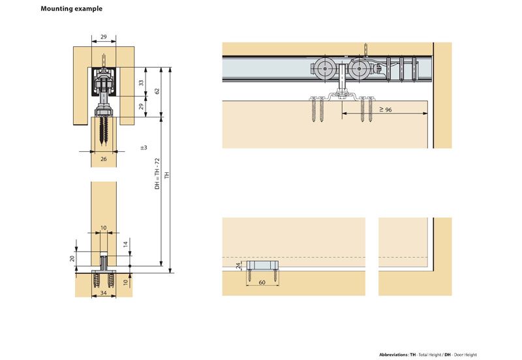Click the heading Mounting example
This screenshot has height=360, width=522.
point(71,10)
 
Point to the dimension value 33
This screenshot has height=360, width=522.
point(140,83)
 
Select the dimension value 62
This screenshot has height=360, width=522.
point(157,92)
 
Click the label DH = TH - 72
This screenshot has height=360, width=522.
point(157,174)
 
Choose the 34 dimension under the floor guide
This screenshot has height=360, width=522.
point(104,293)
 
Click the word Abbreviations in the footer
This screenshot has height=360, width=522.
point(393,354)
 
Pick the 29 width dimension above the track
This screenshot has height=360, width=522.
point(104,37)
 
